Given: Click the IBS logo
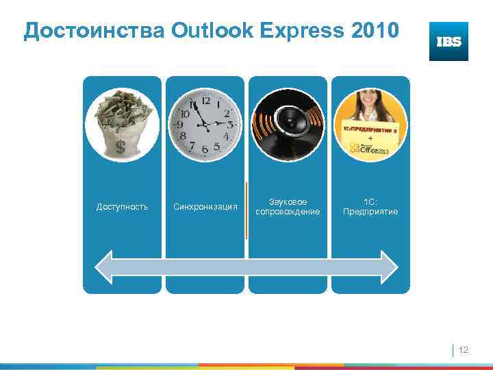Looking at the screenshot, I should point(448,41).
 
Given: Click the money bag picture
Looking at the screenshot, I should point(123,125).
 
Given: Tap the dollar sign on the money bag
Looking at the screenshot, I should point(121,147).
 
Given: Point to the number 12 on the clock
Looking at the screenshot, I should point(205,100).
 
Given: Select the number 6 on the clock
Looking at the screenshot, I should point(205,149).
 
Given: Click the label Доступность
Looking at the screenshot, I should point(122,207).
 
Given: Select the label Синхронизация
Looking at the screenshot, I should point(205,207).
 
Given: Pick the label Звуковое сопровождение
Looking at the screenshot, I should point(288,207).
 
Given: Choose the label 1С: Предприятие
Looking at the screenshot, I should point(370,207).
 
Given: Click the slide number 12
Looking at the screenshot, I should point(463,350).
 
